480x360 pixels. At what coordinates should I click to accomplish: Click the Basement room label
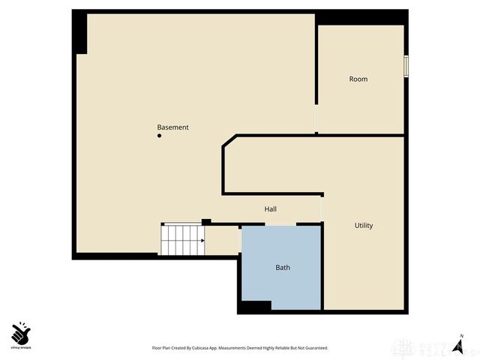(x=172, y=127)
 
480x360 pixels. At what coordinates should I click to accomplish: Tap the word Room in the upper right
(x=358, y=79)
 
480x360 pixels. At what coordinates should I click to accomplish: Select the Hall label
(x=271, y=209)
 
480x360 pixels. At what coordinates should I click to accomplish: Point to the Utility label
(x=364, y=226)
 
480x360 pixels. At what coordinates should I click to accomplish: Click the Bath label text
(x=283, y=268)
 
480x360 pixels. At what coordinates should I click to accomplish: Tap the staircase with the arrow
(x=183, y=240)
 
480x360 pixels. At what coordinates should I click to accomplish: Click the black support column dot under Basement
(x=159, y=136)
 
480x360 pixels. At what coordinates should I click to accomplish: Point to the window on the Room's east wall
(x=406, y=65)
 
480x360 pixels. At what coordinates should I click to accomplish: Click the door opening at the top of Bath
(x=280, y=224)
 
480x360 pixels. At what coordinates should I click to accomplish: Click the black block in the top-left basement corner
(x=79, y=34)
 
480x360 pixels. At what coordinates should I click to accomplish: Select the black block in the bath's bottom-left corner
(x=255, y=306)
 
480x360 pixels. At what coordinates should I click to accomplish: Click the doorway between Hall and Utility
(x=322, y=206)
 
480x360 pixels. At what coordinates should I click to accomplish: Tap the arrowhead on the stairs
(x=202, y=241)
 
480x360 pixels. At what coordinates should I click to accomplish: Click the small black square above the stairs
(x=206, y=221)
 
